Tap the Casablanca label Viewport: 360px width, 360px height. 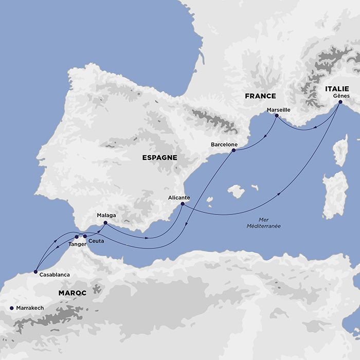click(x=55, y=275)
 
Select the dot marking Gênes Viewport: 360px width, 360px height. click(x=340, y=102)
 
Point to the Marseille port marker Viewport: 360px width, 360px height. click(x=276, y=116)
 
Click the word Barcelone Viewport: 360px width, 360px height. click(x=224, y=145)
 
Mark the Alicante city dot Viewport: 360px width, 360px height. click(x=183, y=204)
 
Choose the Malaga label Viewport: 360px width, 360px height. click(x=106, y=215)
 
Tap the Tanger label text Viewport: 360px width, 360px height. click(x=77, y=244)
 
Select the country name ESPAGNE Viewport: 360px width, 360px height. click(x=159, y=158)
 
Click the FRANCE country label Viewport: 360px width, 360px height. click(x=260, y=96)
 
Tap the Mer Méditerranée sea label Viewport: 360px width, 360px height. click(x=260, y=223)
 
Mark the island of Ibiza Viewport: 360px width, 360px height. click(x=209, y=199)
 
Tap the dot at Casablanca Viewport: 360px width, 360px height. click(x=35, y=271)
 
